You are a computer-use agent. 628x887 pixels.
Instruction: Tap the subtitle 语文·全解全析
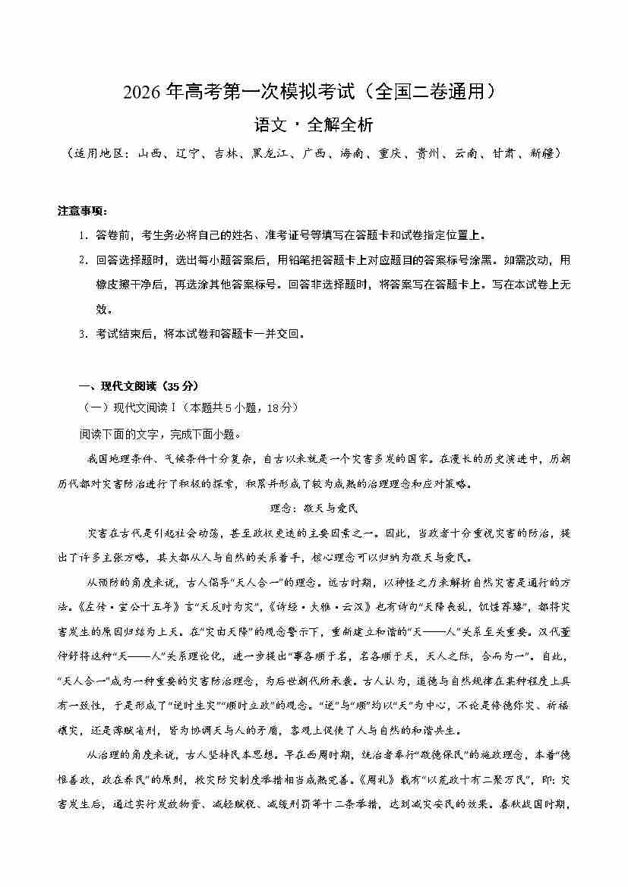314,124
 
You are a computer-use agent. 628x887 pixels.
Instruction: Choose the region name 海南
351,153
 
